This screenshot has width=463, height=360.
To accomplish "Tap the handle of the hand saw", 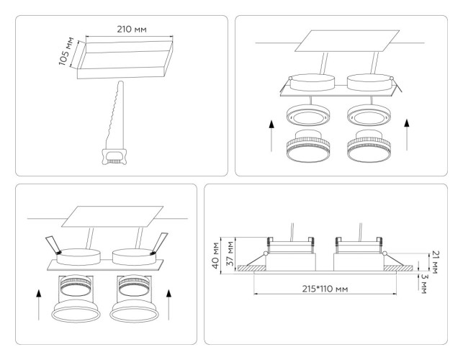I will tap(113, 156).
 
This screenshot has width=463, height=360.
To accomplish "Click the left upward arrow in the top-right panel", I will tap(271, 135).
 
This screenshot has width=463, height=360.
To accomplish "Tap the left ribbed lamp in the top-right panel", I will tap(308, 148).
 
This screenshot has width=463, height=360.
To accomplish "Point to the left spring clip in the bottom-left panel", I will tap(52, 243).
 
